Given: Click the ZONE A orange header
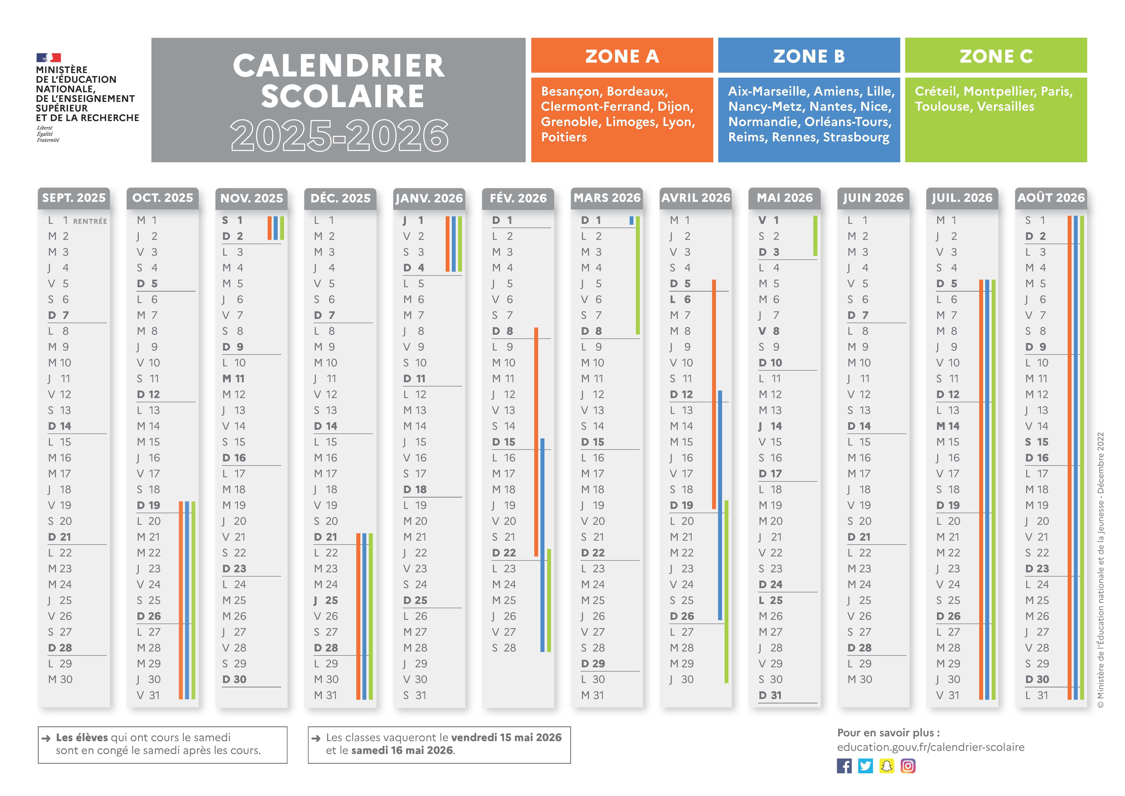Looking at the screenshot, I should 622,56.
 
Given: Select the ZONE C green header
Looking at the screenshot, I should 996,56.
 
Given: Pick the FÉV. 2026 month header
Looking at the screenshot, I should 518,198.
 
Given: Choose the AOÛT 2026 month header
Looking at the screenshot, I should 1051,198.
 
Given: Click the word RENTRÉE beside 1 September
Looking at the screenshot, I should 90,221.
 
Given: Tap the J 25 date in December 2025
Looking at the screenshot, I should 326,600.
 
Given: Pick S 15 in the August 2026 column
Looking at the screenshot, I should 1036,442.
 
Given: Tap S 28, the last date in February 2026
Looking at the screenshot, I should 504,648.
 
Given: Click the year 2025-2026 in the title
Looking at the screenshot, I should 339,135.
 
